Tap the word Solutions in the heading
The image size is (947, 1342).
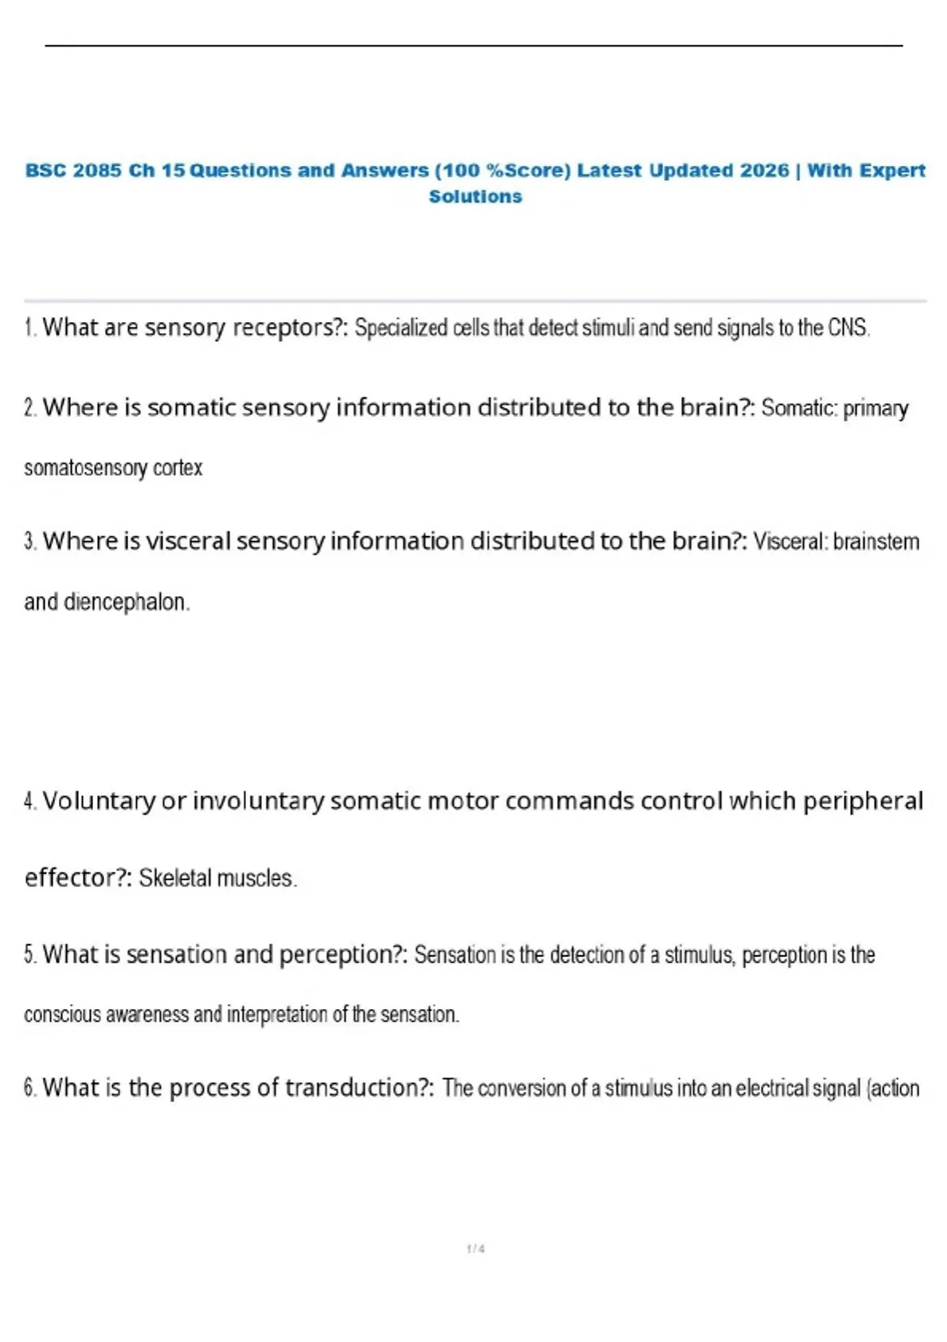[475, 197]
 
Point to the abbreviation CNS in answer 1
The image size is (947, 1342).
[848, 328]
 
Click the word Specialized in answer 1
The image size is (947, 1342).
[401, 328]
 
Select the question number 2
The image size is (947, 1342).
[30, 408]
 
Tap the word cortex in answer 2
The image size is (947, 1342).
[178, 468]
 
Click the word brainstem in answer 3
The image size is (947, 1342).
[876, 542]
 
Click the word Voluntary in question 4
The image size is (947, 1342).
[99, 801]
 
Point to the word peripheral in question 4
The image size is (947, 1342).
[863, 801]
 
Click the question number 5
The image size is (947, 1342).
[30, 955]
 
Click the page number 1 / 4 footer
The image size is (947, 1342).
[475, 1249]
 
